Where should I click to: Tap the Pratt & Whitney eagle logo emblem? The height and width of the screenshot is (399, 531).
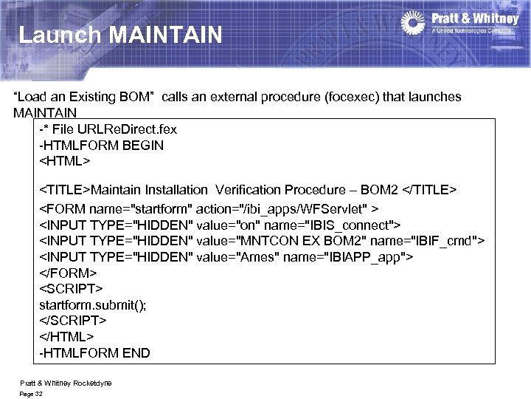[414, 23]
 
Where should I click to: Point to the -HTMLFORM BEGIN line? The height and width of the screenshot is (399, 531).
[101, 145]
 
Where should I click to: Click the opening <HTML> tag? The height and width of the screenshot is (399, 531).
[65, 160]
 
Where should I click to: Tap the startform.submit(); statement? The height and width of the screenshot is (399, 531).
[92, 304]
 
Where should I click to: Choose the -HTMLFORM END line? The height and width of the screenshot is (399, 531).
[94, 352]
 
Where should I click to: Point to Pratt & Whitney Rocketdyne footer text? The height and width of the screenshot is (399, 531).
[66, 382]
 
